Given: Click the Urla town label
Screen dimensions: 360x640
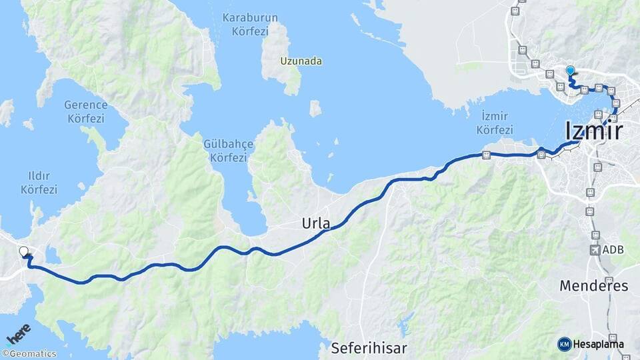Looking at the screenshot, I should click(316, 223).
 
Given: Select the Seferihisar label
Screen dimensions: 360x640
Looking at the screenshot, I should click(369, 347).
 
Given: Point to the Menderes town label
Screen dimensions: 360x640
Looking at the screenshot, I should click(593, 286).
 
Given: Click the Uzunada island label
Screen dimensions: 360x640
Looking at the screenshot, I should click(301, 61).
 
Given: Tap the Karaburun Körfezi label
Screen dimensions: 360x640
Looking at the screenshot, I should click(245, 24).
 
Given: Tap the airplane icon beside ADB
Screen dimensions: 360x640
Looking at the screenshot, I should click(595, 250).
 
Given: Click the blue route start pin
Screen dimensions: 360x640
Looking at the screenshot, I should click(570, 71).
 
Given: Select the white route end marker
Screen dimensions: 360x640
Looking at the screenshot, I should click(24, 252).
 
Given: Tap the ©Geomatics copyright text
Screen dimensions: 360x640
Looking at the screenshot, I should click(29, 353).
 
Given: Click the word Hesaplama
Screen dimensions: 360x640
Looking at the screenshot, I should click(599, 344).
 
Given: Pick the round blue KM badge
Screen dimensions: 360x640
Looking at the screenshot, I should click(565, 344).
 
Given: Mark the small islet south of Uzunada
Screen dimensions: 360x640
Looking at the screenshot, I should click(315, 108).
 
